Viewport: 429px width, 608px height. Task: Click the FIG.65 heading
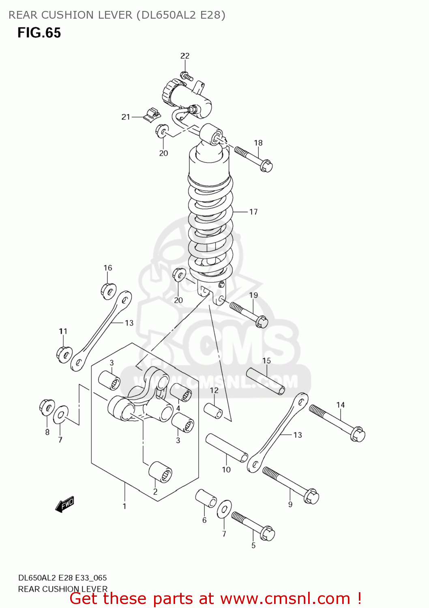tap(39, 33)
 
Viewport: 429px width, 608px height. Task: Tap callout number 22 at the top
tap(185, 56)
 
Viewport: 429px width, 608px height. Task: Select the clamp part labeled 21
tap(152, 114)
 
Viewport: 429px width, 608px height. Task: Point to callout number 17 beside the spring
tap(253, 212)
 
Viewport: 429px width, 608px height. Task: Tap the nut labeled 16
tap(108, 291)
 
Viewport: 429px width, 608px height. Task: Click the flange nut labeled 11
tap(64, 354)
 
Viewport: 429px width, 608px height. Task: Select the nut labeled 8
tap(47, 407)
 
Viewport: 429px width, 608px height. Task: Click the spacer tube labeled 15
tap(266, 381)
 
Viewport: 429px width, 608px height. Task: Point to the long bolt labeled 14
tap(337, 423)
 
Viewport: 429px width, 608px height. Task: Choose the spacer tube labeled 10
tap(227, 448)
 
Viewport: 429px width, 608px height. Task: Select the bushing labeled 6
tap(206, 498)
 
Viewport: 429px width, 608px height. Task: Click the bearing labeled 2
tap(160, 471)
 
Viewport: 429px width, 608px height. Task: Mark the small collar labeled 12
tap(213, 410)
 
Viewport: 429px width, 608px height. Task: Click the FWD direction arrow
tap(65, 504)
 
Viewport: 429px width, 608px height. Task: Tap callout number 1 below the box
tap(124, 506)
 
